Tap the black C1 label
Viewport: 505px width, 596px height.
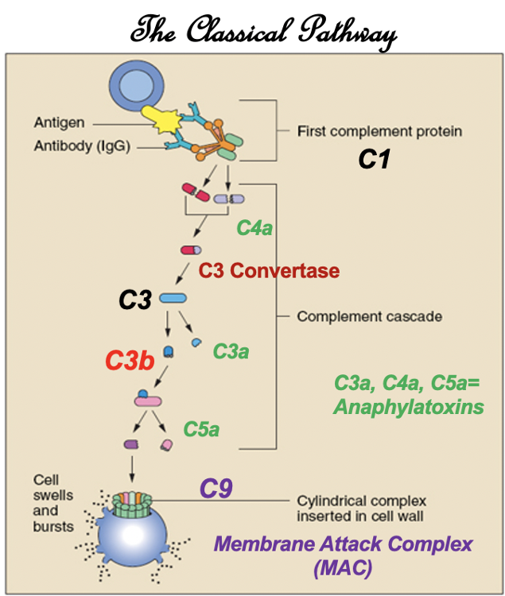[x=375, y=160]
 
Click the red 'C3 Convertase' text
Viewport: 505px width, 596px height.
[x=269, y=271]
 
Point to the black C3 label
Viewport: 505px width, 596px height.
[x=134, y=300]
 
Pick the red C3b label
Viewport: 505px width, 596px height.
[x=130, y=360]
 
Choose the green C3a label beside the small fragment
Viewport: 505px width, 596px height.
[x=231, y=350]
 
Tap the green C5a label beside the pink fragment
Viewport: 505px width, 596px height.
[x=201, y=430]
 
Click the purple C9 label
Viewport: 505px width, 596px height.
[x=216, y=489]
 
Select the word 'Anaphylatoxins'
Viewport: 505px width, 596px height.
[x=409, y=407]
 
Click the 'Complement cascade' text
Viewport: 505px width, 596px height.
[x=369, y=316]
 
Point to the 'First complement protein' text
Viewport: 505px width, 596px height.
[x=379, y=131]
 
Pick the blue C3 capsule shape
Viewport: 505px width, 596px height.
[x=173, y=299]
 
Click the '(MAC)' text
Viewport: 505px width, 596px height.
[x=342, y=570]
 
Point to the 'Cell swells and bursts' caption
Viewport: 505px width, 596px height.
[x=53, y=503]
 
